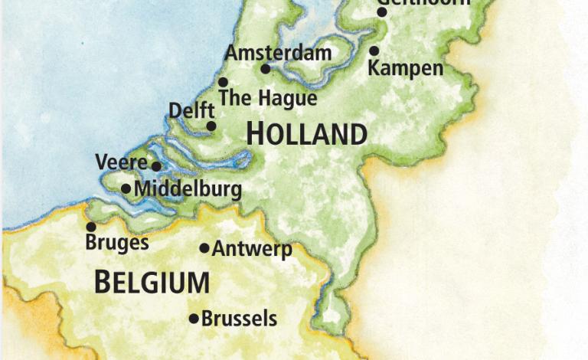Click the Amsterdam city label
coord(278,53)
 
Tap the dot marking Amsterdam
coord(266,69)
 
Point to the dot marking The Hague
coord(223,82)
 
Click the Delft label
coord(191,111)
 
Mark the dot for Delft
coord(211,126)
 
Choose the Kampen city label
coord(405,68)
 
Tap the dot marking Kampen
coord(374,51)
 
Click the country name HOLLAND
coord(306,134)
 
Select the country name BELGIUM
coord(152,282)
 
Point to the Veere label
coord(121,162)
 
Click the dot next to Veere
coord(156,166)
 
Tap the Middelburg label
coord(188,189)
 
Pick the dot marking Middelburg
coord(126,188)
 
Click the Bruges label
coord(117,244)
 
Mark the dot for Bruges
coord(91,227)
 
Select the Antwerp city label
coord(252,249)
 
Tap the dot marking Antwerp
coord(204,248)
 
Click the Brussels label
coord(239,319)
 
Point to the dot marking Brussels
coord(194,319)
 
